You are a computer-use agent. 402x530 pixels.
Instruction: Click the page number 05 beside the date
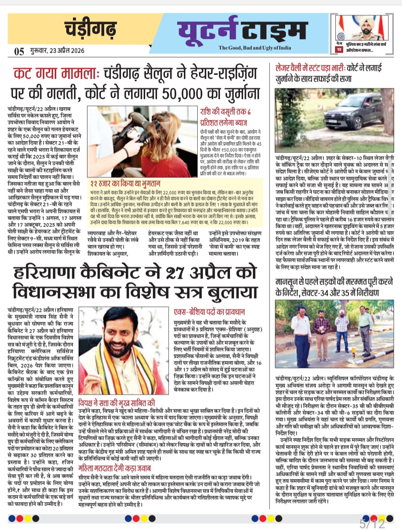coord(19,51)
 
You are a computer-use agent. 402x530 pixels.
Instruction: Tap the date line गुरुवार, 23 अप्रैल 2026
coord(57,51)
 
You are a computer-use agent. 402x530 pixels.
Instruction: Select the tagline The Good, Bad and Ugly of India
coord(255,48)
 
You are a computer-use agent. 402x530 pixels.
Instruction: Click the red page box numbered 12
coord(339,50)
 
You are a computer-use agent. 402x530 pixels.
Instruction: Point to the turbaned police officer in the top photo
coord(363,28)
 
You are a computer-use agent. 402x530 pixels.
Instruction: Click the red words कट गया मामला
coord(56,73)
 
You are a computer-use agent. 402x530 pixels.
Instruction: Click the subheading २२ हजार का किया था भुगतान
coord(125,183)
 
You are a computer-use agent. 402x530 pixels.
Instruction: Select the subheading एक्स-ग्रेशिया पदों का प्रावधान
coord(209,312)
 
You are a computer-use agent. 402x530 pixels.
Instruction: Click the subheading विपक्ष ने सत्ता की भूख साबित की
coord(117,403)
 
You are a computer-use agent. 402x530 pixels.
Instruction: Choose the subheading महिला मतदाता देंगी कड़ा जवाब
coord(114,468)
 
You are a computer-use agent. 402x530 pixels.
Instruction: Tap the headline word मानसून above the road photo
coord(290,282)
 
